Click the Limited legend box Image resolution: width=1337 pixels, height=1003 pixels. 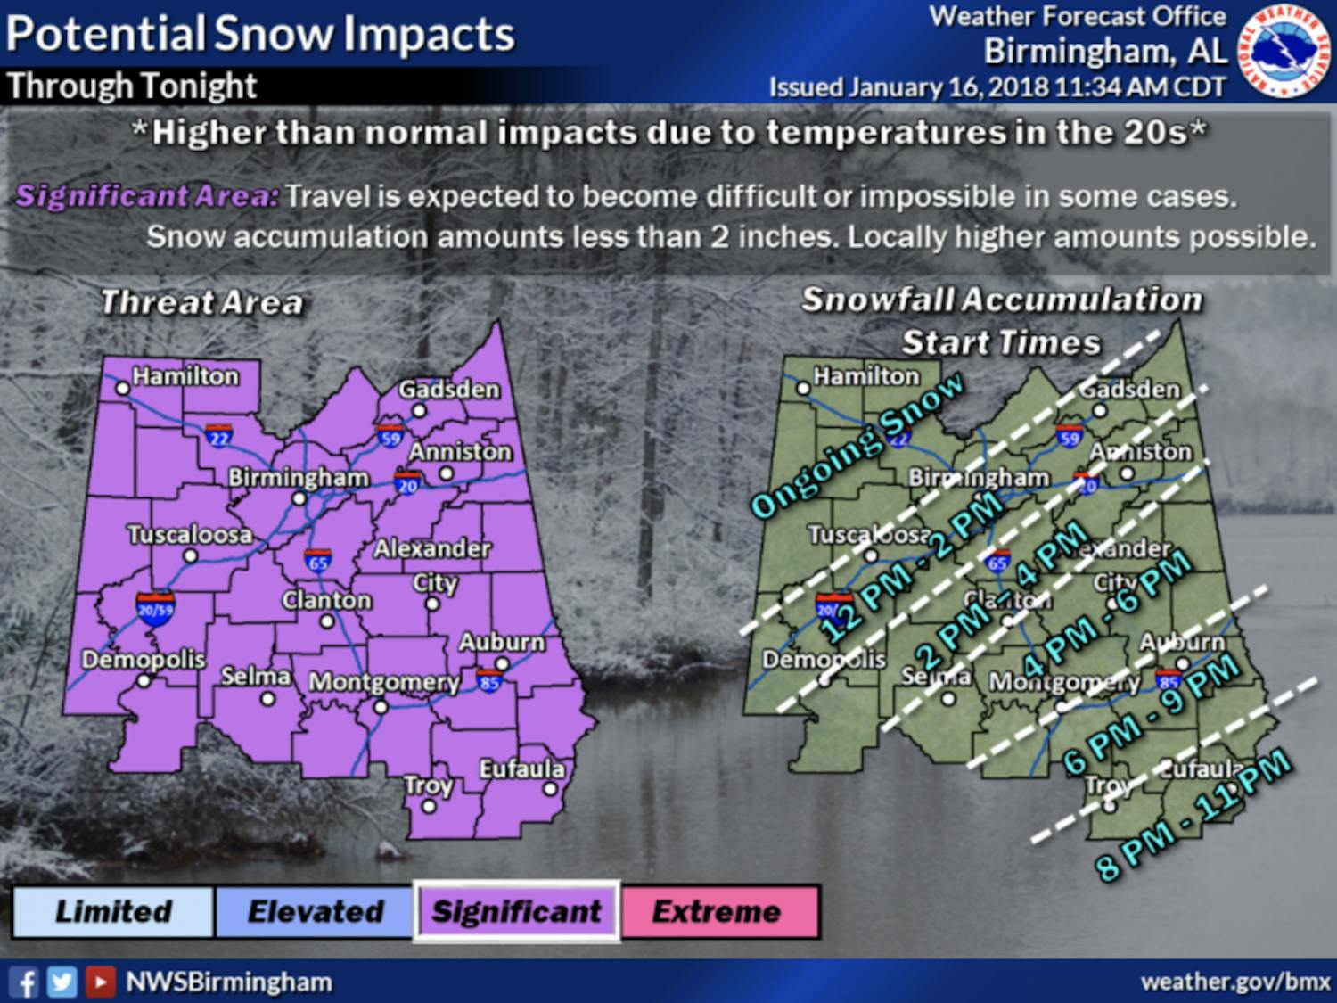113,911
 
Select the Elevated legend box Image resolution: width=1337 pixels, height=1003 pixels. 315,911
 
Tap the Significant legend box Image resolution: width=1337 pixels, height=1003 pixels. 517,911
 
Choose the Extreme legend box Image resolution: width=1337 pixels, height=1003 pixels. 718,911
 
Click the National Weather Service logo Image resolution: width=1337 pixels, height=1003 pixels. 1284,52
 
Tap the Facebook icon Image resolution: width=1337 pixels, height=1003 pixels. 25,982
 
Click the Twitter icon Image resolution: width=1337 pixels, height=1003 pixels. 62,982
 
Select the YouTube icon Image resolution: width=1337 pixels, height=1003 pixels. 99,982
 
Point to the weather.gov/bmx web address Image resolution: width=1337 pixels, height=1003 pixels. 1235,982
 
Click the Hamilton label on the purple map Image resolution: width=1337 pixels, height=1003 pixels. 185,376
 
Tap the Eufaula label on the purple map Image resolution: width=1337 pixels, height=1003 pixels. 521,769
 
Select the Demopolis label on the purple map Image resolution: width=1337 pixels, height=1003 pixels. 144,660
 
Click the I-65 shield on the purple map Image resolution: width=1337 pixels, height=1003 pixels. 318,561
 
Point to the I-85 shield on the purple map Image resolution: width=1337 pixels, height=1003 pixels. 488,682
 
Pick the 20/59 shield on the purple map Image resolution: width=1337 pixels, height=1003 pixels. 155,609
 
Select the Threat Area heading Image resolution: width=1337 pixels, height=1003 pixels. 201,303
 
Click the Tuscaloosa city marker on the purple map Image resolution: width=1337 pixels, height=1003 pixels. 190,556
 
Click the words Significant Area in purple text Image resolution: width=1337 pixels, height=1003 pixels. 147,196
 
